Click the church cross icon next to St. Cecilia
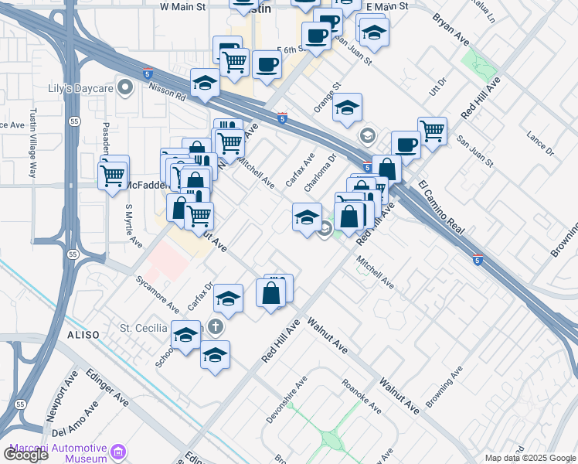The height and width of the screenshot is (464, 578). point(216,328)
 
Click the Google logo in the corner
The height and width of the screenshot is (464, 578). point(25,454)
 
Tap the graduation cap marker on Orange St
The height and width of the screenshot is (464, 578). point(348,107)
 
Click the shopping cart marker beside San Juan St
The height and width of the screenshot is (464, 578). point(432,131)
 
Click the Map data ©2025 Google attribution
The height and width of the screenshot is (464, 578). point(530,458)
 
